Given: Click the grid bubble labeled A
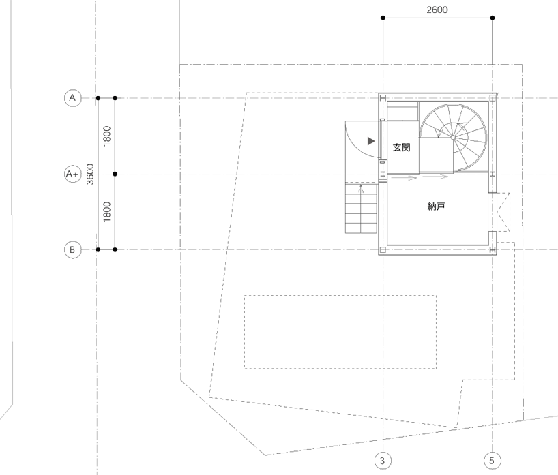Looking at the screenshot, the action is coord(72,97).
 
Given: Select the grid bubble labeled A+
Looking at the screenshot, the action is coord(72,174).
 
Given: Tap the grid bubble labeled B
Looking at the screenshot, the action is coord(72,249).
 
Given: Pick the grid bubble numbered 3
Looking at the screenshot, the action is coord(383,461).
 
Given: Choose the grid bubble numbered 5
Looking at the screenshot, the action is coord(492,461).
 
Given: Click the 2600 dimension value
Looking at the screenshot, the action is coord(437,10).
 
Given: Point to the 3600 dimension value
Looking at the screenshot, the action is coord(91,174).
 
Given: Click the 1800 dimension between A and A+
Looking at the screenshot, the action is coord(107,136).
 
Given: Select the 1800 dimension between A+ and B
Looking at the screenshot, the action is coord(107,212).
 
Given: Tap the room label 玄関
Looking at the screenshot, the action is coord(401,147).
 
